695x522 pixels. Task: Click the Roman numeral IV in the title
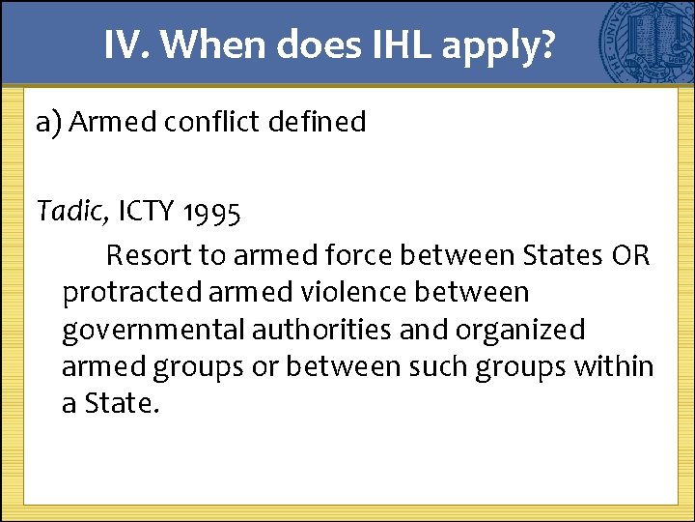coord(123,44)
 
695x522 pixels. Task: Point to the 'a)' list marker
coord(48,123)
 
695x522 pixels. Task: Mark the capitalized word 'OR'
coord(630,256)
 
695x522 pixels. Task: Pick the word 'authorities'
coord(321,330)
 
